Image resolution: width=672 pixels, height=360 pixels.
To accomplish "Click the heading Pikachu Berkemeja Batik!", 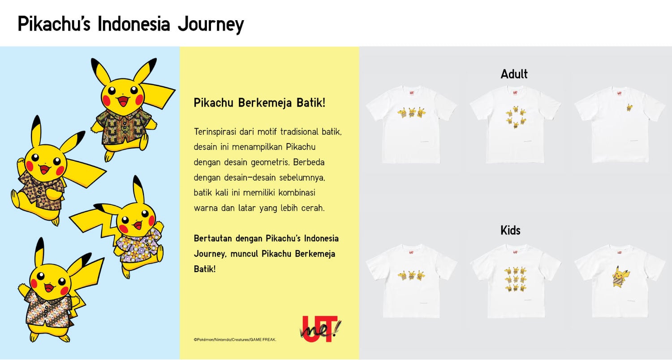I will [259, 103].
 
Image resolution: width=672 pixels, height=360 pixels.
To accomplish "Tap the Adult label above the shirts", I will [514, 74].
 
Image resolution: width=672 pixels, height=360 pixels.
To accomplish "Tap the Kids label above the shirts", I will [510, 230].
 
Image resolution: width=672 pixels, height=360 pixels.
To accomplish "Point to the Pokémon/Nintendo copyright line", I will [235, 340].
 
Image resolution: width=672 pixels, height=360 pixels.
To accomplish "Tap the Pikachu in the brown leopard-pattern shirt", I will [43, 175].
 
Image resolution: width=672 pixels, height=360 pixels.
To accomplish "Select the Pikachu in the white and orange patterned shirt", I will [49, 291].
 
